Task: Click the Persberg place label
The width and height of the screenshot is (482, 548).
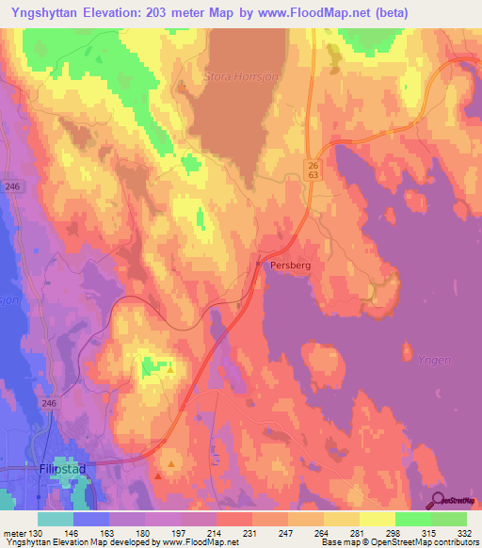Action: coord(290,266)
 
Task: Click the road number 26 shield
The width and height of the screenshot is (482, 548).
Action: coord(313,164)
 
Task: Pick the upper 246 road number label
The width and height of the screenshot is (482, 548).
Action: coord(11,186)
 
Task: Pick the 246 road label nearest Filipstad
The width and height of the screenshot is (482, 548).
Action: coord(49,402)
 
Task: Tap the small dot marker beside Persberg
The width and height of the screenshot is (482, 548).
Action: coord(259,265)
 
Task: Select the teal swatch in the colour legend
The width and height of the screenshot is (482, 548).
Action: coord(56,519)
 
